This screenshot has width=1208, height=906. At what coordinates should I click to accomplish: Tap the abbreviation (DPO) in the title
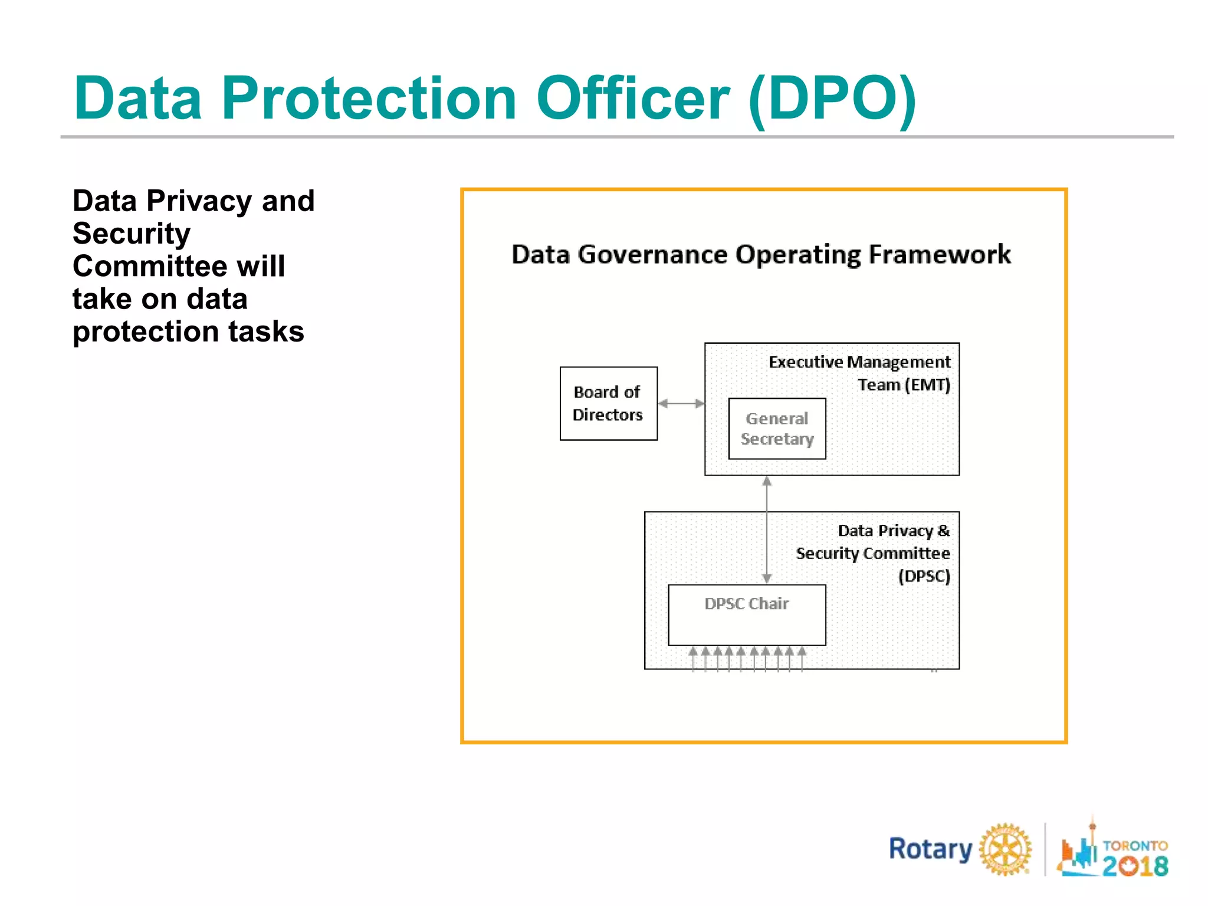[x=832, y=99]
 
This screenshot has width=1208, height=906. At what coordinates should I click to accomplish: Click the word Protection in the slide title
[x=369, y=98]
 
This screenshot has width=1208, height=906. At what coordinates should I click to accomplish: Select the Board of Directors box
[x=608, y=403]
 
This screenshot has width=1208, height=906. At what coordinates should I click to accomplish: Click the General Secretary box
[x=777, y=429]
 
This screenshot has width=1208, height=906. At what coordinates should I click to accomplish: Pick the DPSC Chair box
[x=746, y=615]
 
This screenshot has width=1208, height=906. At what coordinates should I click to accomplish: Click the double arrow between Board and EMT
[x=681, y=404]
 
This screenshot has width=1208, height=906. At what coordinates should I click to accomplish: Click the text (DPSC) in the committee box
[x=924, y=576]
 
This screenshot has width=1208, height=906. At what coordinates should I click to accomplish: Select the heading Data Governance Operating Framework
[x=760, y=255]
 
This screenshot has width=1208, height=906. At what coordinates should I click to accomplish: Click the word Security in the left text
[x=132, y=234]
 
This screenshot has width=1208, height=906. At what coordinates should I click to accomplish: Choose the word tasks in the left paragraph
[x=266, y=331]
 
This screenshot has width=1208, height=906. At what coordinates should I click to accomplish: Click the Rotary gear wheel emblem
[x=1005, y=849]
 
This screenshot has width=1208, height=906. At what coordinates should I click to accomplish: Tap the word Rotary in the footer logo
[x=930, y=849]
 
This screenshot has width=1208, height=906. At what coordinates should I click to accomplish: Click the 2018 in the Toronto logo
[x=1135, y=865]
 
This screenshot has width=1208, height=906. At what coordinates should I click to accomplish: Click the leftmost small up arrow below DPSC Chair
[x=693, y=658]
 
